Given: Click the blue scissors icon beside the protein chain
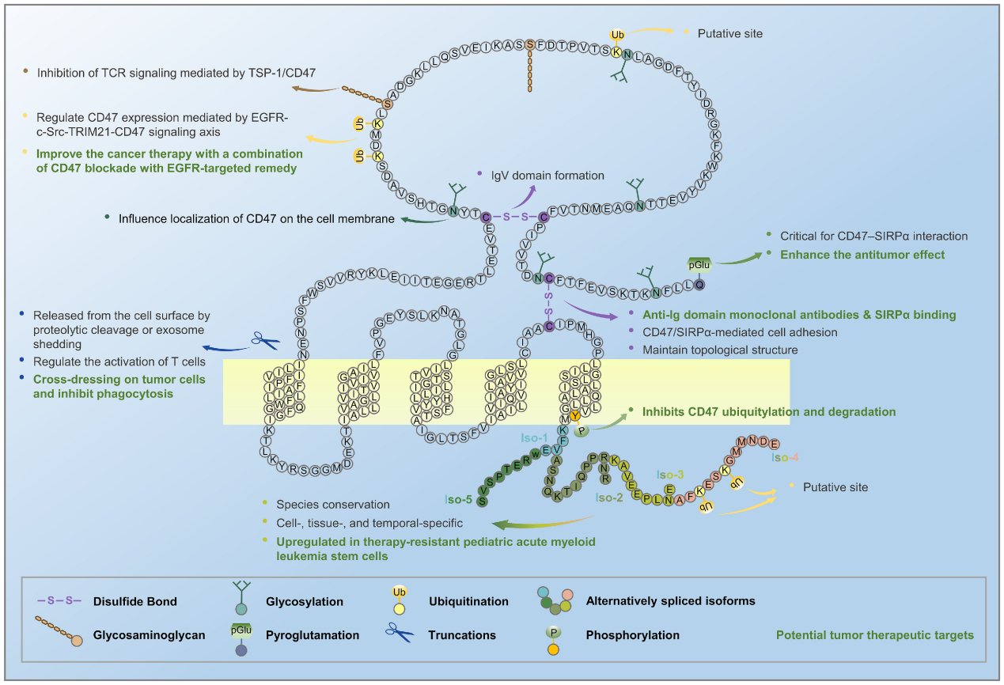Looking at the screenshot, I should pyautogui.click(x=266, y=341).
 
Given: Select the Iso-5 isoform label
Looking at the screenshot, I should pyautogui.click(x=459, y=499).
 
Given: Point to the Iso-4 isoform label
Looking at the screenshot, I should pyautogui.click(x=785, y=457).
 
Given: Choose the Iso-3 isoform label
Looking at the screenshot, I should pyautogui.click(x=671, y=475).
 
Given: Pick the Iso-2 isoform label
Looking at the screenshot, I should pyautogui.click(x=610, y=498).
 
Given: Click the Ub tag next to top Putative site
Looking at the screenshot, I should pyautogui.click(x=617, y=35).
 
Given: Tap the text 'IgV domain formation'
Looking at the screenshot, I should pyautogui.click(x=547, y=175).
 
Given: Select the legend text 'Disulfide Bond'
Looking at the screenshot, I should pyautogui.click(x=134, y=601).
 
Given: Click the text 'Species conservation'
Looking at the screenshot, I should pyautogui.click(x=333, y=504).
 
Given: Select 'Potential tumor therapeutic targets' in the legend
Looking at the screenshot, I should pyautogui.click(x=874, y=634).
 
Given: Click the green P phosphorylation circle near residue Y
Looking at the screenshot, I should pyautogui.click(x=582, y=431).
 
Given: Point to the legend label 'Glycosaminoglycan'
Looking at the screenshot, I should pyautogui.click(x=146, y=634).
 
